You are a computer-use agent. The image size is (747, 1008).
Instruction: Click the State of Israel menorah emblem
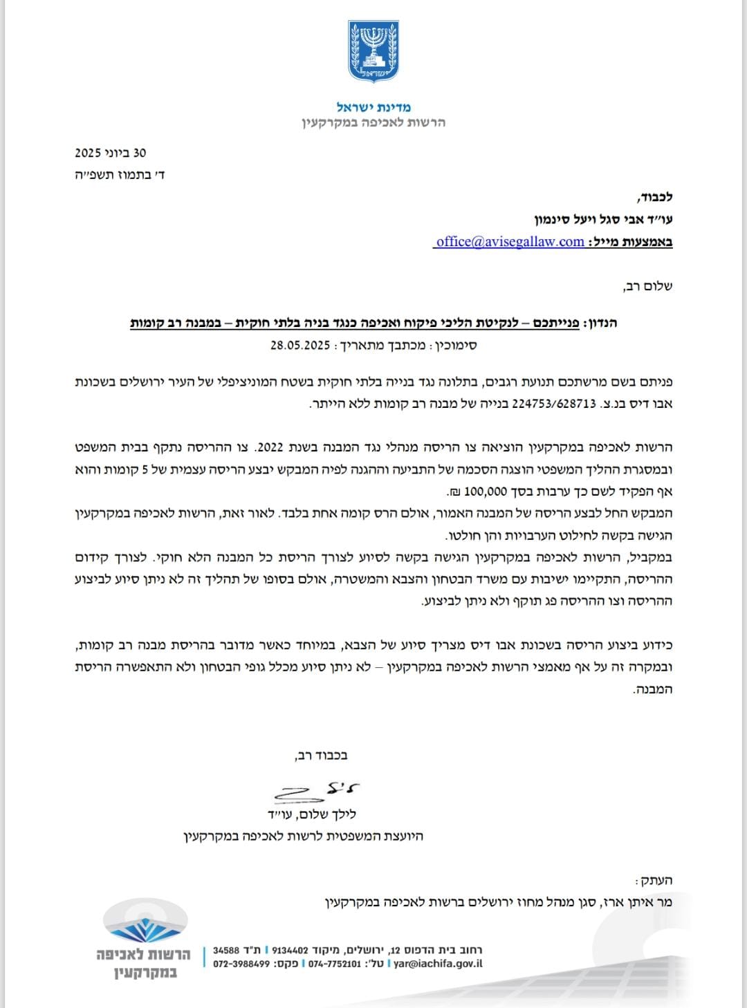(x=373, y=51)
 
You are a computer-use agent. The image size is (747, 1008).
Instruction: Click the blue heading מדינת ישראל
(x=373, y=107)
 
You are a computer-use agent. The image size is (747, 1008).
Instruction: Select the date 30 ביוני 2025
(x=111, y=153)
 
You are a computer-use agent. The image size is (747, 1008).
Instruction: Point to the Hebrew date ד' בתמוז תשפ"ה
(x=120, y=175)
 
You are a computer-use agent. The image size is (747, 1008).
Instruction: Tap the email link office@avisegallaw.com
(x=510, y=241)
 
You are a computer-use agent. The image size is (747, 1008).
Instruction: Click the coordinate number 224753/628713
(x=554, y=404)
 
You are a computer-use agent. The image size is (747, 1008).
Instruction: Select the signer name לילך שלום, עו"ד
(x=312, y=814)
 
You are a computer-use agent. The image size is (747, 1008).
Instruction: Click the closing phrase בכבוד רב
(x=322, y=755)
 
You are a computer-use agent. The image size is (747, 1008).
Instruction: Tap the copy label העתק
(x=655, y=880)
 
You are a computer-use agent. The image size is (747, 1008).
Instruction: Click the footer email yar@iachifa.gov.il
(x=438, y=964)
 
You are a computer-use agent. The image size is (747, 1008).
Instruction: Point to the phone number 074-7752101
(x=335, y=964)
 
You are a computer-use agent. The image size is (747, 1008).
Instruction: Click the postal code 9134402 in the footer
(x=290, y=950)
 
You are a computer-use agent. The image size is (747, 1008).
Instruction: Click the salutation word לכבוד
(x=653, y=197)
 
